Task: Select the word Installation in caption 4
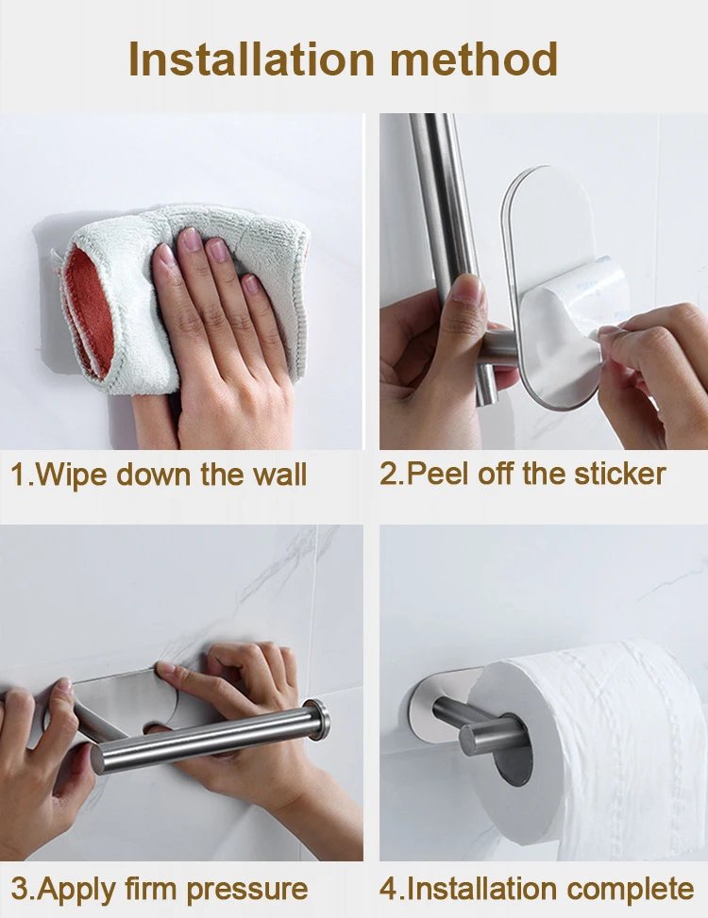468,888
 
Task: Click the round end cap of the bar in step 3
316,720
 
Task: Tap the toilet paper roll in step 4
604,736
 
